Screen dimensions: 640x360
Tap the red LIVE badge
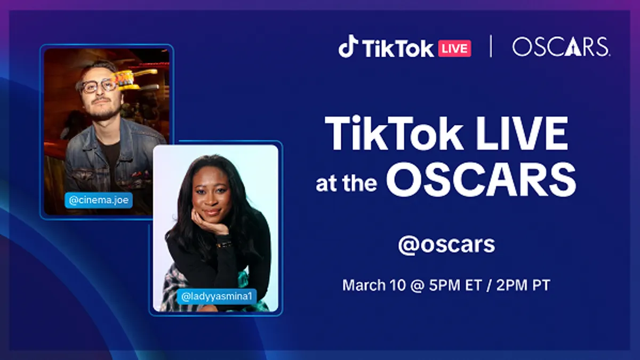tap(454, 49)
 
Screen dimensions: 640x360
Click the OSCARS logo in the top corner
tap(561, 46)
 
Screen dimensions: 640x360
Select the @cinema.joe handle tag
tap(99, 201)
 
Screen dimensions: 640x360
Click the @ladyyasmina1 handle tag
tap(217, 297)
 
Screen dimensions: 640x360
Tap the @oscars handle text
tap(446, 245)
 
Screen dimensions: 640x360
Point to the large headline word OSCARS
tap(481, 180)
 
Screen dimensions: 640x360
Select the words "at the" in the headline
tap(346, 183)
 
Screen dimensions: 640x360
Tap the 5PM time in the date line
tap(445, 285)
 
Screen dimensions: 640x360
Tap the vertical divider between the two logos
tap(491, 46)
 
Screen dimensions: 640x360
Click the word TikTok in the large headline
tap(394, 133)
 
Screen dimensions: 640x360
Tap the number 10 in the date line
tap(397, 285)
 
